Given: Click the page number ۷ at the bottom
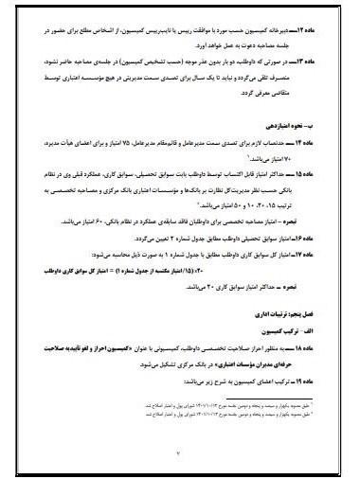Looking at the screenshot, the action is pyautogui.click(x=180, y=452).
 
